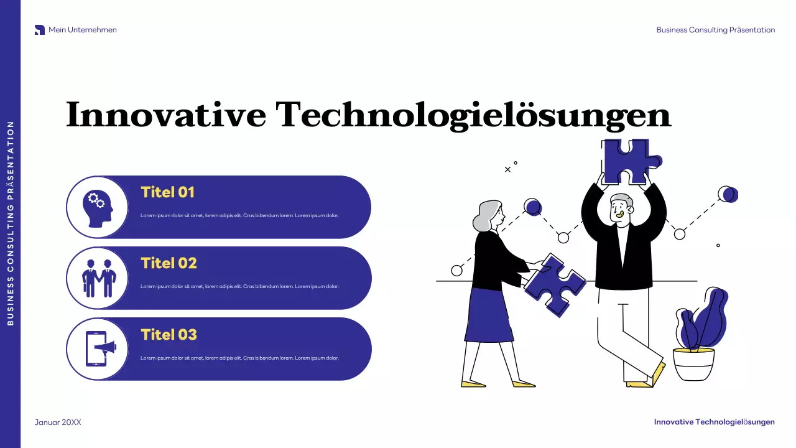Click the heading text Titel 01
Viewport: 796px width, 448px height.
click(x=167, y=192)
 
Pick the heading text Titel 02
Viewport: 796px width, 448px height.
click(x=169, y=263)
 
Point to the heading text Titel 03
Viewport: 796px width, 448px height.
click(x=169, y=335)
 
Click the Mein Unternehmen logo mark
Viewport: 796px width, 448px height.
click(x=40, y=30)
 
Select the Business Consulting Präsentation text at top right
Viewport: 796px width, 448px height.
click(x=715, y=30)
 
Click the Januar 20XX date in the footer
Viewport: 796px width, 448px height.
click(x=58, y=422)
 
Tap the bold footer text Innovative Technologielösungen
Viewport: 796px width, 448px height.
click(x=714, y=422)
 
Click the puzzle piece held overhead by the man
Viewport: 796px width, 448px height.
click(x=627, y=161)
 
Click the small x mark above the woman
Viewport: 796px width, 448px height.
click(x=507, y=169)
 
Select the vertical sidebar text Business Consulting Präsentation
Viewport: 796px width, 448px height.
click(x=10, y=223)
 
